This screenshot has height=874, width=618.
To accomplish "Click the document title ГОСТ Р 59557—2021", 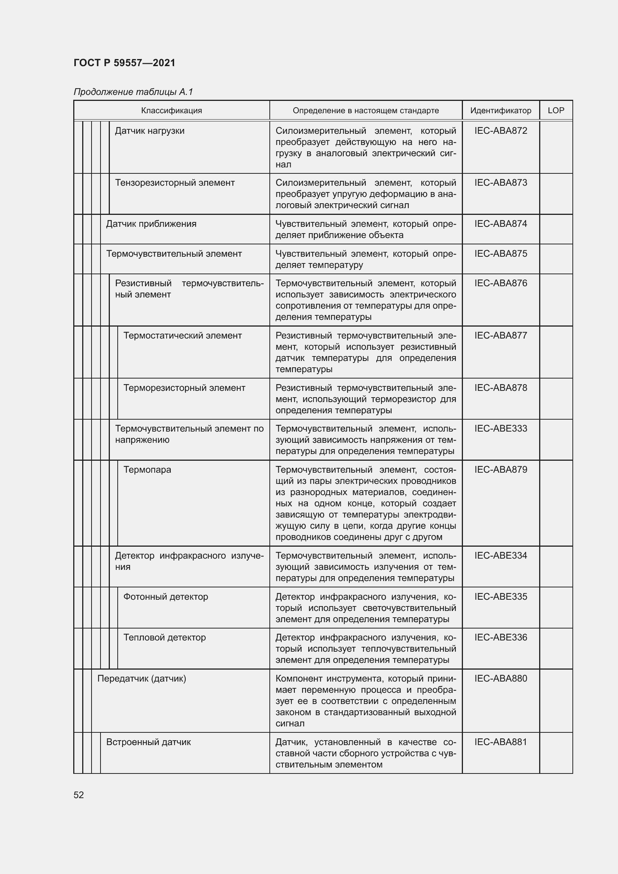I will click(x=124, y=63).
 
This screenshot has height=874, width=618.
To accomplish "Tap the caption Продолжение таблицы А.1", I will click(x=133, y=92).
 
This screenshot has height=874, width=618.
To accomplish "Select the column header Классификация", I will click(x=171, y=110).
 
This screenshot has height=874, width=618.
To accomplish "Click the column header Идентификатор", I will click(x=500, y=110).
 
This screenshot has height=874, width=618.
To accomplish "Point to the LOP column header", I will click(x=556, y=110).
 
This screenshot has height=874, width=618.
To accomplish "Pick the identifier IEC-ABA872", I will click(x=500, y=131).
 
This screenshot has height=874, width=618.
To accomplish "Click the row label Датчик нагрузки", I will click(x=149, y=131).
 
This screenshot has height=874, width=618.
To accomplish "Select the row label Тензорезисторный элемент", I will click(x=174, y=183).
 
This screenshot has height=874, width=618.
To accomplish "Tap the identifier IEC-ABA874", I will click(x=500, y=224).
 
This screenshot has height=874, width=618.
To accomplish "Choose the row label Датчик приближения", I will click(x=151, y=224).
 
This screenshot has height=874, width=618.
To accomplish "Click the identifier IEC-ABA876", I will click(x=500, y=283).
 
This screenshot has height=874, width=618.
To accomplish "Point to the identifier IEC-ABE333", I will click(x=500, y=429).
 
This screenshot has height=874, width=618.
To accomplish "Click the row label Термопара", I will click(x=147, y=470).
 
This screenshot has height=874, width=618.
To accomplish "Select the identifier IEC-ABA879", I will click(x=500, y=470).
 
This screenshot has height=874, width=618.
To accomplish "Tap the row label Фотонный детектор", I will click(x=166, y=597).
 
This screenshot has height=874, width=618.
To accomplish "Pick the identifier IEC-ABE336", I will click(x=500, y=637).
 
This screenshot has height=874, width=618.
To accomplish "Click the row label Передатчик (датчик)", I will click(x=142, y=679).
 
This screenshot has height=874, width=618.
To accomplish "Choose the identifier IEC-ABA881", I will click(x=500, y=742).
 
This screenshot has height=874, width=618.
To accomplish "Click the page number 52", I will click(x=79, y=795).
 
